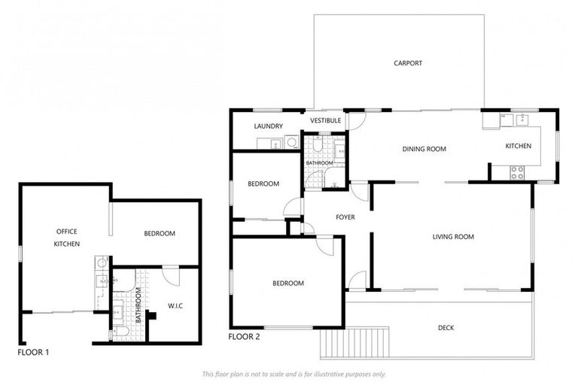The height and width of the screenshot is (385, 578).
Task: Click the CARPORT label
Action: [408, 63]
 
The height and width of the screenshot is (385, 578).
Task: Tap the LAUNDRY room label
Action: [268, 126]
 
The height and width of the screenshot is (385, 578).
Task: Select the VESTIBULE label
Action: [326, 120]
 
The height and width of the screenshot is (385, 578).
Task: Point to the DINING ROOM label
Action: [424, 149]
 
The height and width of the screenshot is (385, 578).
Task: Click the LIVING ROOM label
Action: [453, 237]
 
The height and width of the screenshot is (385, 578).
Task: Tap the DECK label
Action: [446, 327]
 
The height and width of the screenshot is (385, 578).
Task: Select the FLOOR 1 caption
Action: [33, 351]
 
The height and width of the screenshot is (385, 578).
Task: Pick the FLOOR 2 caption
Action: [245, 337]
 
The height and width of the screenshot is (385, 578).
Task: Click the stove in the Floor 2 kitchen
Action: [518, 171]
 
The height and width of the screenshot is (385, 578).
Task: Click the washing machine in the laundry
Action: [291, 141]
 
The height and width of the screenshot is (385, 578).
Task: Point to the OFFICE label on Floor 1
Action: [67, 231]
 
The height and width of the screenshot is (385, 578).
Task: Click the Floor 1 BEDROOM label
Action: [160, 233]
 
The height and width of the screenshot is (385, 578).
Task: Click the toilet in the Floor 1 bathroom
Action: [121, 332]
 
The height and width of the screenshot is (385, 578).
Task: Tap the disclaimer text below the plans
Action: [294, 374]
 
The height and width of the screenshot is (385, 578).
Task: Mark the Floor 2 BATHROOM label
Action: [319, 163]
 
